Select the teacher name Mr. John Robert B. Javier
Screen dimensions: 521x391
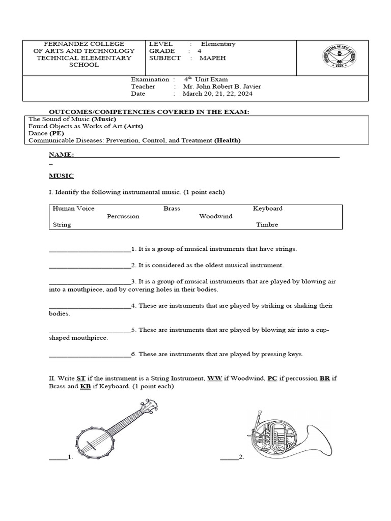[219, 86]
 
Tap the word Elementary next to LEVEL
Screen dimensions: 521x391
[218, 44]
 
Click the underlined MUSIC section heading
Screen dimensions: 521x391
[61, 176]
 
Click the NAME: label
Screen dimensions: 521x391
[61, 154]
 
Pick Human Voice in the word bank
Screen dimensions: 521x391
[73, 209]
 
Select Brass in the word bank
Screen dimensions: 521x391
[172, 209]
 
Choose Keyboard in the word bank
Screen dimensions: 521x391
[267, 209]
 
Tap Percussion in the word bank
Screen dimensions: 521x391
[123, 216]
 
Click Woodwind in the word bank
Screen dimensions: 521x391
[215, 216]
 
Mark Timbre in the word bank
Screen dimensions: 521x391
[267, 224]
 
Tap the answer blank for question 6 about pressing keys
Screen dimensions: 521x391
[90, 355]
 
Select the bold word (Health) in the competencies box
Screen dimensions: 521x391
[227, 140]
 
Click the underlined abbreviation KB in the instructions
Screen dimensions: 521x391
[86, 387]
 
